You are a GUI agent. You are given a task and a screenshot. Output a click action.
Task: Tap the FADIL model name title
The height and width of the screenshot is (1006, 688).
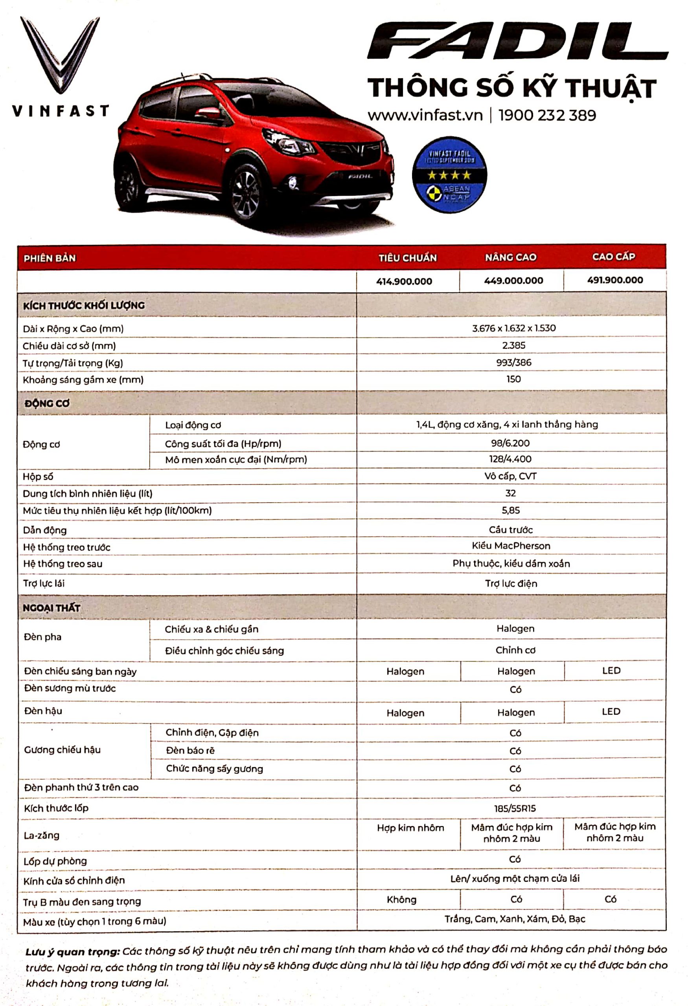pos(517,42)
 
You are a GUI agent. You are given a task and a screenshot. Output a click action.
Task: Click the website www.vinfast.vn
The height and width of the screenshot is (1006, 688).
pos(425,116)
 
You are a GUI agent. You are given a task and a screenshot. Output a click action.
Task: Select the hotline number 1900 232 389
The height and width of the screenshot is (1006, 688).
pos(547,116)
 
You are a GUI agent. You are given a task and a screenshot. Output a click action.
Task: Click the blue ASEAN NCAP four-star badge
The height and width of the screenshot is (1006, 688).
pos(449,175)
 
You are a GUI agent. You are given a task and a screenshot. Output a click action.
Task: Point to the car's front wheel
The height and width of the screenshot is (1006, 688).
pos(247,193)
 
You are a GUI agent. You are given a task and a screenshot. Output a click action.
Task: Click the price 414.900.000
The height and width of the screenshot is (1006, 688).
pos(404,281)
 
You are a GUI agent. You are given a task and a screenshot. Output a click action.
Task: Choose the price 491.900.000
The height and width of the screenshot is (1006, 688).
pos(615,280)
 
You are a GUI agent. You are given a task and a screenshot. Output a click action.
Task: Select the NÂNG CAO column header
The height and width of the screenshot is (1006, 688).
pos(510,257)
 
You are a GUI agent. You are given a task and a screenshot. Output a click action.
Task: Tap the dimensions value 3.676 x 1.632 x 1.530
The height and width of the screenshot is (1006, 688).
pos(513,328)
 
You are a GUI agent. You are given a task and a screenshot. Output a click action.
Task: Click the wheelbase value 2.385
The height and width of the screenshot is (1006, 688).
pos(513,345)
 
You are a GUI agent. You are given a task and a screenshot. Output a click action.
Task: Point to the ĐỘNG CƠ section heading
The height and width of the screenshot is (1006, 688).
pos(47,404)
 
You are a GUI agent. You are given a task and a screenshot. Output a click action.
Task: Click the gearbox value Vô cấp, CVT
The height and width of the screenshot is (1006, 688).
pos(510,476)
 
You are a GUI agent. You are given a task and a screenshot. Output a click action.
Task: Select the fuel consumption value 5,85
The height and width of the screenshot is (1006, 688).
pos(510,510)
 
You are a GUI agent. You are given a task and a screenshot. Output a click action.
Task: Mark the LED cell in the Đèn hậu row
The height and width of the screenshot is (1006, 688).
pos(611,712)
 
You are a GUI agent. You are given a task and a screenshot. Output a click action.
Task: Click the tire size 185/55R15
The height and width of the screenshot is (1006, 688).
pos(515,808)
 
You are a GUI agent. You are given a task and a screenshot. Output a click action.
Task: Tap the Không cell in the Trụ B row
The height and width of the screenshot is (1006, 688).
pos(401,900)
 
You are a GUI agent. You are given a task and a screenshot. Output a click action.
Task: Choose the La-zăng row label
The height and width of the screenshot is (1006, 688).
pos(42,835)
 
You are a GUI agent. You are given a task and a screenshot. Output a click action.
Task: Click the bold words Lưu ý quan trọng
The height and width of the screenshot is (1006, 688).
pos(72,951)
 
